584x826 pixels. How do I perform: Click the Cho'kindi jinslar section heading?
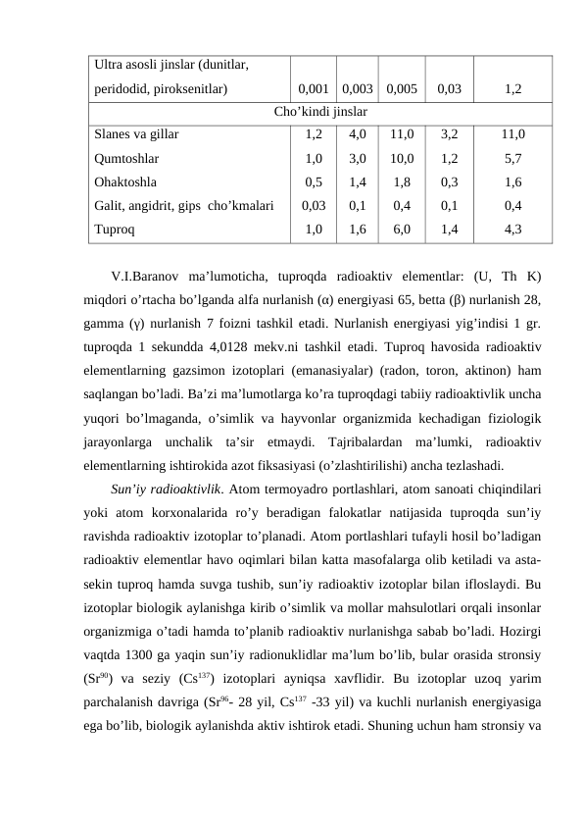pyautogui.click(x=319, y=111)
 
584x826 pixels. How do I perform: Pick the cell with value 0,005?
pyautogui.click(x=402, y=89)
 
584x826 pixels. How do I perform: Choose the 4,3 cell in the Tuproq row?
pyautogui.click(x=511, y=229)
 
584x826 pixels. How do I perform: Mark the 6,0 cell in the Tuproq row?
pyautogui.click(x=402, y=229)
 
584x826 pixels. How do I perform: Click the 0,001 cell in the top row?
pyautogui.click(x=313, y=89)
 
